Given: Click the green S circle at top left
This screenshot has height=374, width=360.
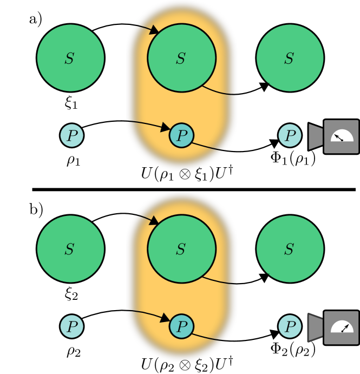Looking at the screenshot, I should [x=70, y=58].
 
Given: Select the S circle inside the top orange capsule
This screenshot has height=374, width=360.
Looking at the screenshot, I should [x=181, y=58].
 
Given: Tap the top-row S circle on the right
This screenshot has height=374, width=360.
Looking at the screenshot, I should [x=290, y=58].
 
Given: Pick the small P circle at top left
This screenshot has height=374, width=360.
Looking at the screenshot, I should [x=71, y=135].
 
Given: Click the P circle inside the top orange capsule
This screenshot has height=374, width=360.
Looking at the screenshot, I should [x=181, y=135].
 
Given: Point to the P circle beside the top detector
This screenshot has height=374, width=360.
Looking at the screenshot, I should [x=290, y=135].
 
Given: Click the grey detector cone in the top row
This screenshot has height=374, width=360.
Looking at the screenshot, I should [x=315, y=136].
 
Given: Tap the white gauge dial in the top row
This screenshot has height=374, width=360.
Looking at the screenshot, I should [x=342, y=136].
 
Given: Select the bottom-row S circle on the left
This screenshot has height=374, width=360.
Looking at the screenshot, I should [x=70, y=249].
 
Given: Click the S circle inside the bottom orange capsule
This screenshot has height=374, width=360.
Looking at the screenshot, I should [x=181, y=249].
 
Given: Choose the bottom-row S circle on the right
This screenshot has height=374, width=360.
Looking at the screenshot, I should [x=290, y=249].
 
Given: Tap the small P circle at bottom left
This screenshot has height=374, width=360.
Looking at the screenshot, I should [x=71, y=326].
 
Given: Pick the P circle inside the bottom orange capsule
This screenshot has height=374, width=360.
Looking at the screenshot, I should [x=181, y=326].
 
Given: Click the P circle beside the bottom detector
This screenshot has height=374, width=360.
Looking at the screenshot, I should [x=290, y=326].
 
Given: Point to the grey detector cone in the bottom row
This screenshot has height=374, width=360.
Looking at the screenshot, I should [x=315, y=327].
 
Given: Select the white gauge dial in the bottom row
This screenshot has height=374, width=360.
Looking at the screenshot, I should [x=342, y=327].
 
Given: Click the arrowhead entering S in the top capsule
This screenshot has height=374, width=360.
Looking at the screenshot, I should [x=154, y=29].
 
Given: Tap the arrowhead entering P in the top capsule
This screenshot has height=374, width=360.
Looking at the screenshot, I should [x=166, y=128].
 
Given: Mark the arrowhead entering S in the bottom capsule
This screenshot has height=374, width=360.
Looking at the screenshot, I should [x=154, y=220].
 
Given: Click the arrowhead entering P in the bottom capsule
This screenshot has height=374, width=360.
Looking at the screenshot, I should [x=166, y=318].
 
